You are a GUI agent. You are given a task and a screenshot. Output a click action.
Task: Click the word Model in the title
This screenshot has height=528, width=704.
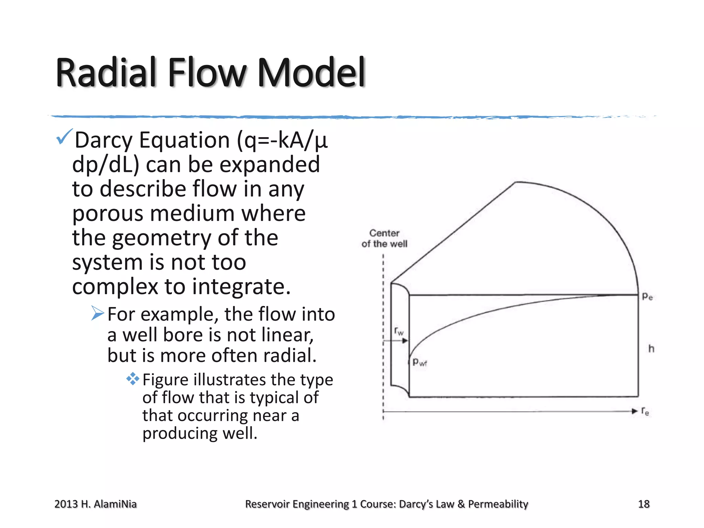click(311, 73)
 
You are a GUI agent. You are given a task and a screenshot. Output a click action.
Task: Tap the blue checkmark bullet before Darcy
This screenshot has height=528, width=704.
click(64, 136)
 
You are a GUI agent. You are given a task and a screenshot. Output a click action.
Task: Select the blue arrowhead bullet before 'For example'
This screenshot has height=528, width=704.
click(98, 313)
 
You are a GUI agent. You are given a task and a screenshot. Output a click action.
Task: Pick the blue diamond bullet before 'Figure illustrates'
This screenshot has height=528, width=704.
click(133, 379)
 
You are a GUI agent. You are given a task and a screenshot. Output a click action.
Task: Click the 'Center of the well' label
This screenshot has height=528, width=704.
click(384, 238)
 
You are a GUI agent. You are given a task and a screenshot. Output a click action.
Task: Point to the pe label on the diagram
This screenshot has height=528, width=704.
click(647, 296)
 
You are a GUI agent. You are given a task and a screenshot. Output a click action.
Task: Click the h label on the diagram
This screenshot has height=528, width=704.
click(651, 349)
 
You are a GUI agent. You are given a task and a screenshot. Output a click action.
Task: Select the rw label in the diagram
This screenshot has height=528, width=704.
click(399, 331)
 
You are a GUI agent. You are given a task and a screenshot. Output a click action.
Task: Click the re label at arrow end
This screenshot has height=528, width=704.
click(645, 411)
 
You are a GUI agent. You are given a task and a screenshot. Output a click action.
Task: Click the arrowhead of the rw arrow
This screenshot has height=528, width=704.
click(405, 341)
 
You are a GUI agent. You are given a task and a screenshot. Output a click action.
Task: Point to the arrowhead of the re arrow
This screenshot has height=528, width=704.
click(635, 411)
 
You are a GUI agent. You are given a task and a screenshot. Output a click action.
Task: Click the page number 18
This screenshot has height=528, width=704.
click(643, 504)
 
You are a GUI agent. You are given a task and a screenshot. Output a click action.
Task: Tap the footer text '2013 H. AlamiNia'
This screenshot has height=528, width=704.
click(96, 504)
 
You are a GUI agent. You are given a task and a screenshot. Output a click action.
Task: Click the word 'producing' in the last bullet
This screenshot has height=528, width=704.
click(180, 433)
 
